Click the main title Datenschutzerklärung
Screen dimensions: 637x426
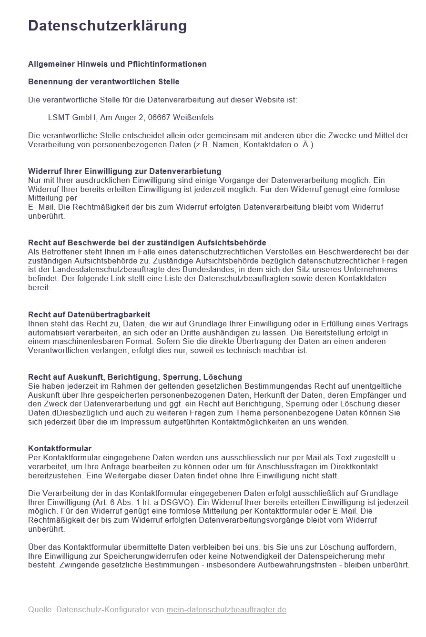(x=107, y=25)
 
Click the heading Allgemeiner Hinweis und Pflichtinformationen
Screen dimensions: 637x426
(x=117, y=64)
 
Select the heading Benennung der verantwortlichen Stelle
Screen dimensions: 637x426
(x=104, y=81)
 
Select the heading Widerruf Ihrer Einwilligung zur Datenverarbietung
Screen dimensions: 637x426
(x=124, y=171)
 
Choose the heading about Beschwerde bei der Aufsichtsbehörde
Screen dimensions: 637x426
(x=147, y=243)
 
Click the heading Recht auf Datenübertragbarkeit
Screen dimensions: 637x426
(x=89, y=314)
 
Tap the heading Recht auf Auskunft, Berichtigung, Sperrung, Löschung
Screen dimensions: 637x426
(x=135, y=377)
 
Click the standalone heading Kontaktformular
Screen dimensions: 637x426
(x=60, y=448)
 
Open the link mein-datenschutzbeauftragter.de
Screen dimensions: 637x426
(x=226, y=609)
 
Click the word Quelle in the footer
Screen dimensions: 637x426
(x=40, y=609)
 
